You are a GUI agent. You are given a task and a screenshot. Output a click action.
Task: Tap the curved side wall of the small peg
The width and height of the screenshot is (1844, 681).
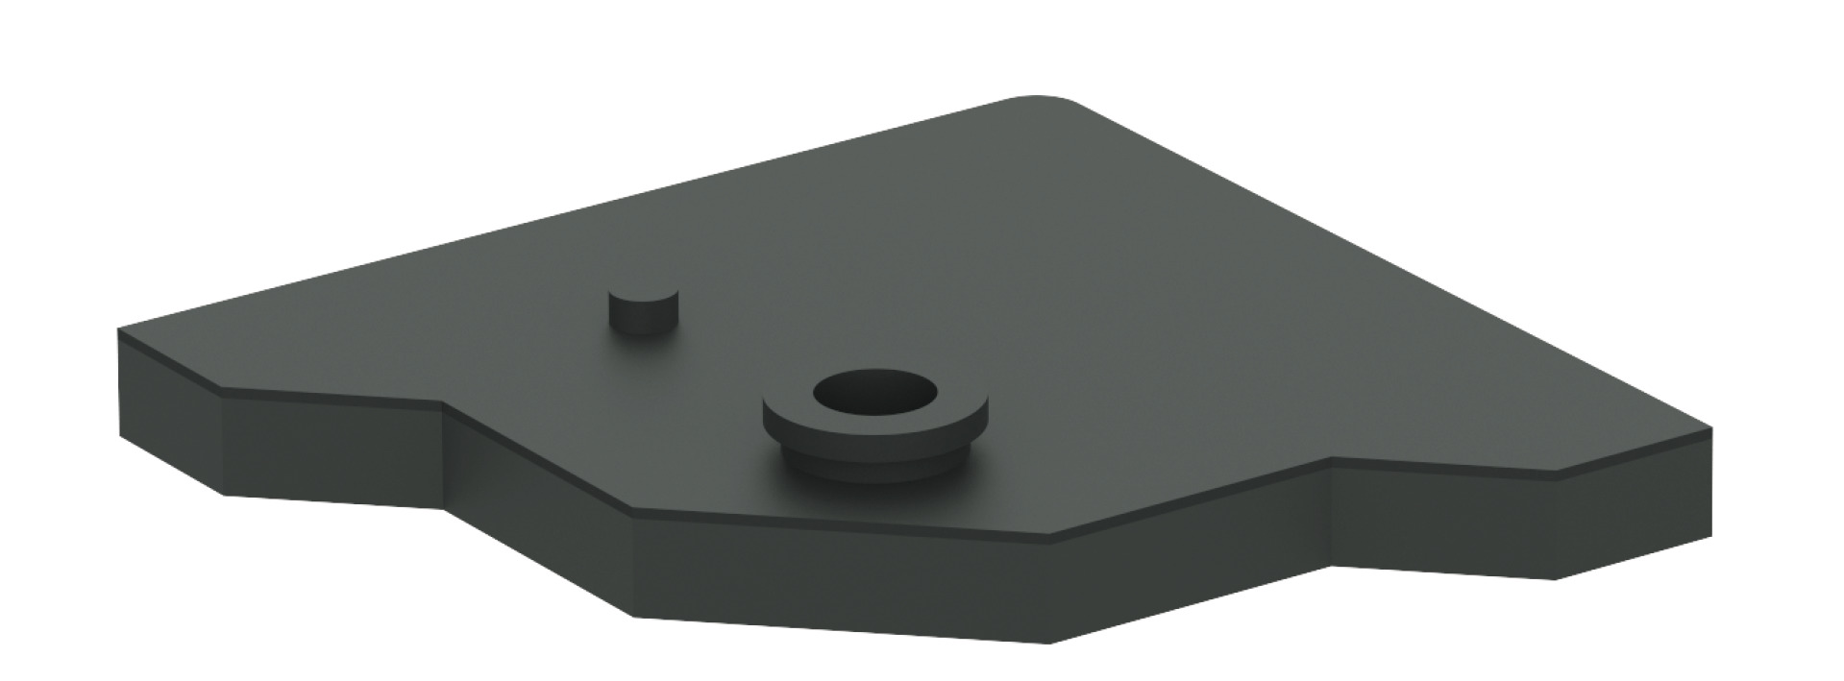644,323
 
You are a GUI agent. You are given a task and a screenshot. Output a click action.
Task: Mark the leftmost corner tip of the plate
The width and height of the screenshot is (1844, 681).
119,331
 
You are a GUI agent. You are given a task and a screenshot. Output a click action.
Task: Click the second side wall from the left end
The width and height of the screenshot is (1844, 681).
332,451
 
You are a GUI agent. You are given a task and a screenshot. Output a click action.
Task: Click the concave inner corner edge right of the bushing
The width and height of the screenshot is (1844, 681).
1330,515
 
